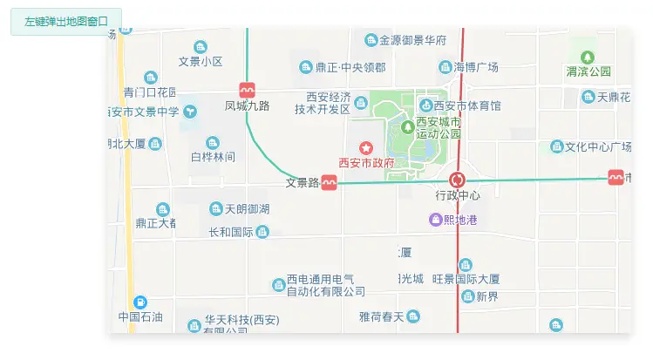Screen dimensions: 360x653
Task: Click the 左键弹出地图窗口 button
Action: pyautogui.click(x=66, y=21)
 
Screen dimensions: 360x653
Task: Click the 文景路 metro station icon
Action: pyautogui.click(x=329, y=182)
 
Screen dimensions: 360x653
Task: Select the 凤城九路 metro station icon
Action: pyautogui.click(x=248, y=90)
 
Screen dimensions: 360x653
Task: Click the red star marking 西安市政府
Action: pyautogui.click(x=365, y=149)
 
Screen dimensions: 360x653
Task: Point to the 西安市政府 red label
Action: pyautogui.click(x=366, y=163)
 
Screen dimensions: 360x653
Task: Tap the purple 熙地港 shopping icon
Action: pyautogui.click(x=435, y=220)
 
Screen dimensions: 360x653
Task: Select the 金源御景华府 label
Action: pyautogui.click(x=412, y=40)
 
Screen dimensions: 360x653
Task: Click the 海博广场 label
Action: pyautogui.click(x=475, y=67)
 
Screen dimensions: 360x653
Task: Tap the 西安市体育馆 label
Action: pyautogui.click(x=472, y=106)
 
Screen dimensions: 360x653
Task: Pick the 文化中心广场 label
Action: pyautogui.click(x=598, y=146)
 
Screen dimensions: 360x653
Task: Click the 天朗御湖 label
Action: pyautogui.click(x=247, y=209)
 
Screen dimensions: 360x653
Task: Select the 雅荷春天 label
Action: pyautogui.click(x=382, y=316)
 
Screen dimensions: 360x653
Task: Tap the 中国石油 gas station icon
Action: pyautogui.click(x=140, y=302)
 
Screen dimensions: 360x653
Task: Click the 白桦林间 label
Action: pyautogui.click(x=213, y=157)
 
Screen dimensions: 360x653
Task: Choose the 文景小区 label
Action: pyautogui.click(x=201, y=62)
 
